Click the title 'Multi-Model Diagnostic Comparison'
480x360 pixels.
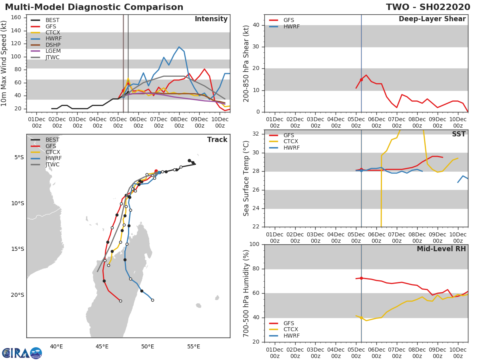[x=94, y=8]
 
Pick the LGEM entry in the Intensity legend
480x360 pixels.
[x=53, y=51]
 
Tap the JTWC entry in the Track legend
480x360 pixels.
[x=52, y=165]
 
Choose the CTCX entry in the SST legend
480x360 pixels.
[x=291, y=142]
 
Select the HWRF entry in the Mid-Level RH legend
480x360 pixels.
[x=291, y=336]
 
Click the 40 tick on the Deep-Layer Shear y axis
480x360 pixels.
[x=256, y=25]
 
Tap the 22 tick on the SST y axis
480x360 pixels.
[x=256, y=227]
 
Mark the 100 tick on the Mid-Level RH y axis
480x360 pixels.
[x=254, y=244]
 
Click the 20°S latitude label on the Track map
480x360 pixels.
[x=18, y=295]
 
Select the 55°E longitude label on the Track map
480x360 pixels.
[x=194, y=346]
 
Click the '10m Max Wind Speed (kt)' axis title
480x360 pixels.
[x=4, y=64]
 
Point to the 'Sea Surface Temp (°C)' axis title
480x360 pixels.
[x=246, y=178]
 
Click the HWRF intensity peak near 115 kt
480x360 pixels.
[x=179, y=47]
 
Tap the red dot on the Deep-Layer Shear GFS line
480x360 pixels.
[x=361, y=80]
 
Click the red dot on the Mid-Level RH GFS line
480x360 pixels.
[x=361, y=278]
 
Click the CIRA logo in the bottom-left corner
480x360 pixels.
[x=22, y=353]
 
